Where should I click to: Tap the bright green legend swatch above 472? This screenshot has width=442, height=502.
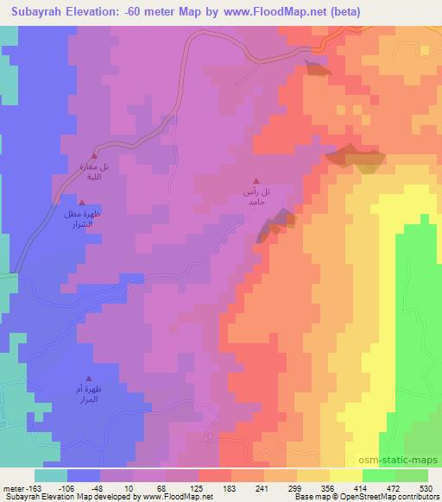coord(379,475)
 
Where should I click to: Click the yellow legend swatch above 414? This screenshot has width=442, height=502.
coord(346,475)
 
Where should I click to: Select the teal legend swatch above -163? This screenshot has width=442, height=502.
coord(50,475)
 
